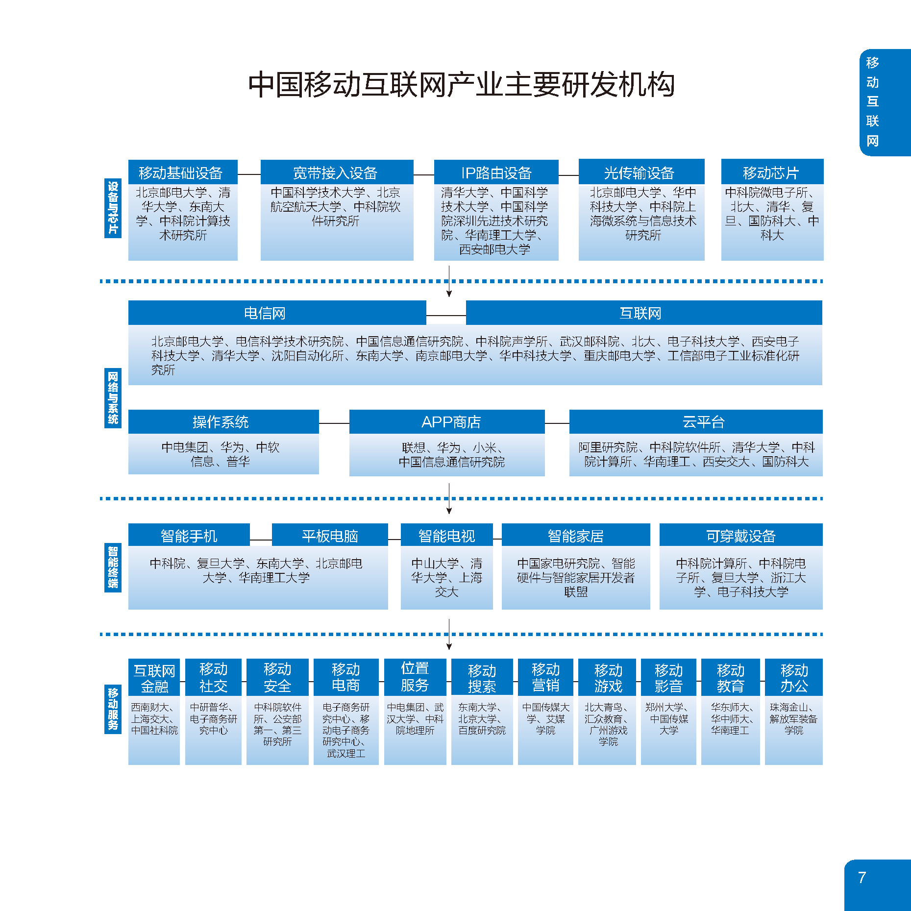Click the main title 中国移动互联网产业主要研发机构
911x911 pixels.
(x=461, y=84)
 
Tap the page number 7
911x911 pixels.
(x=862, y=877)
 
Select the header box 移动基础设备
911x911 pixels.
(x=183, y=172)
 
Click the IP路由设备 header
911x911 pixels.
(x=496, y=172)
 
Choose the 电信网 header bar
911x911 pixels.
(x=277, y=313)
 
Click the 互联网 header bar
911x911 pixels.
(x=644, y=313)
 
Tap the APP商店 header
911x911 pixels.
(x=447, y=421)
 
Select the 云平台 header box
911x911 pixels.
(x=696, y=421)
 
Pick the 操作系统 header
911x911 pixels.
(x=223, y=421)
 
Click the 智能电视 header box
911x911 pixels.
(x=446, y=535)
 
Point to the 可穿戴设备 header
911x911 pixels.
(x=741, y=535)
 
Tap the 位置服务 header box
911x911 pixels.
(x=415, y=677)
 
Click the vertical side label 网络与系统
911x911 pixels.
(x=113, y=398)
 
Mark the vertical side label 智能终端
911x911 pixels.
(x=113, y=567)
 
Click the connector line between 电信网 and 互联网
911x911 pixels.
(x=446, y=316)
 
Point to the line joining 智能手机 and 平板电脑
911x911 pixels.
(x=261, y=540)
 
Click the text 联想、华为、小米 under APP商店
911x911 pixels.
(x=451, y=447)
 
